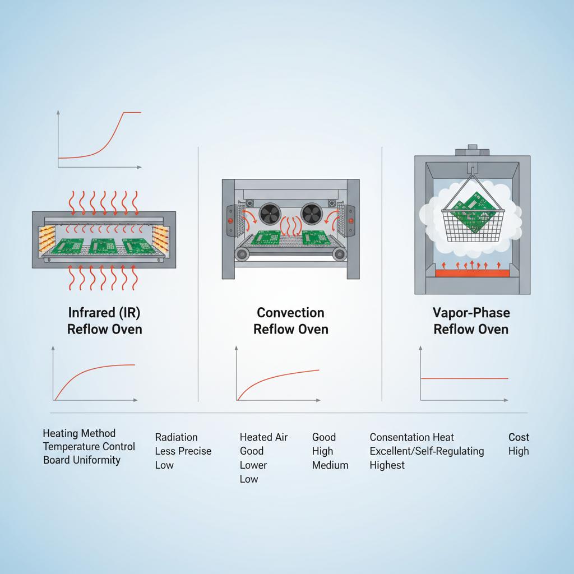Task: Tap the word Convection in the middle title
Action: click(x=290, y=312)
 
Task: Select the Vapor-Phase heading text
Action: click(x=471, y=312)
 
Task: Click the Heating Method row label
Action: click(x=79, y=433)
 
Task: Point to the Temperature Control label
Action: click(x=89, y=447)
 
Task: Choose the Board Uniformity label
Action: click(x=82, y=460)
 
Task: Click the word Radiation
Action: click(x=176, y=437)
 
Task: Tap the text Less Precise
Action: click(x=183, y=451)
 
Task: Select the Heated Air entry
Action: click(x=264, y=437)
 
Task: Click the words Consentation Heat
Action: click(x=411, y=437)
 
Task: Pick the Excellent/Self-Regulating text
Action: click(x=427, y=451)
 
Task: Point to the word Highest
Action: click(x=387, y=465)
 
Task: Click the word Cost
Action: click(x=519, y=437)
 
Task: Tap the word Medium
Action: click(x=330, y=465)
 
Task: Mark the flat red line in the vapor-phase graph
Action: click(x=464, y=378)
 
